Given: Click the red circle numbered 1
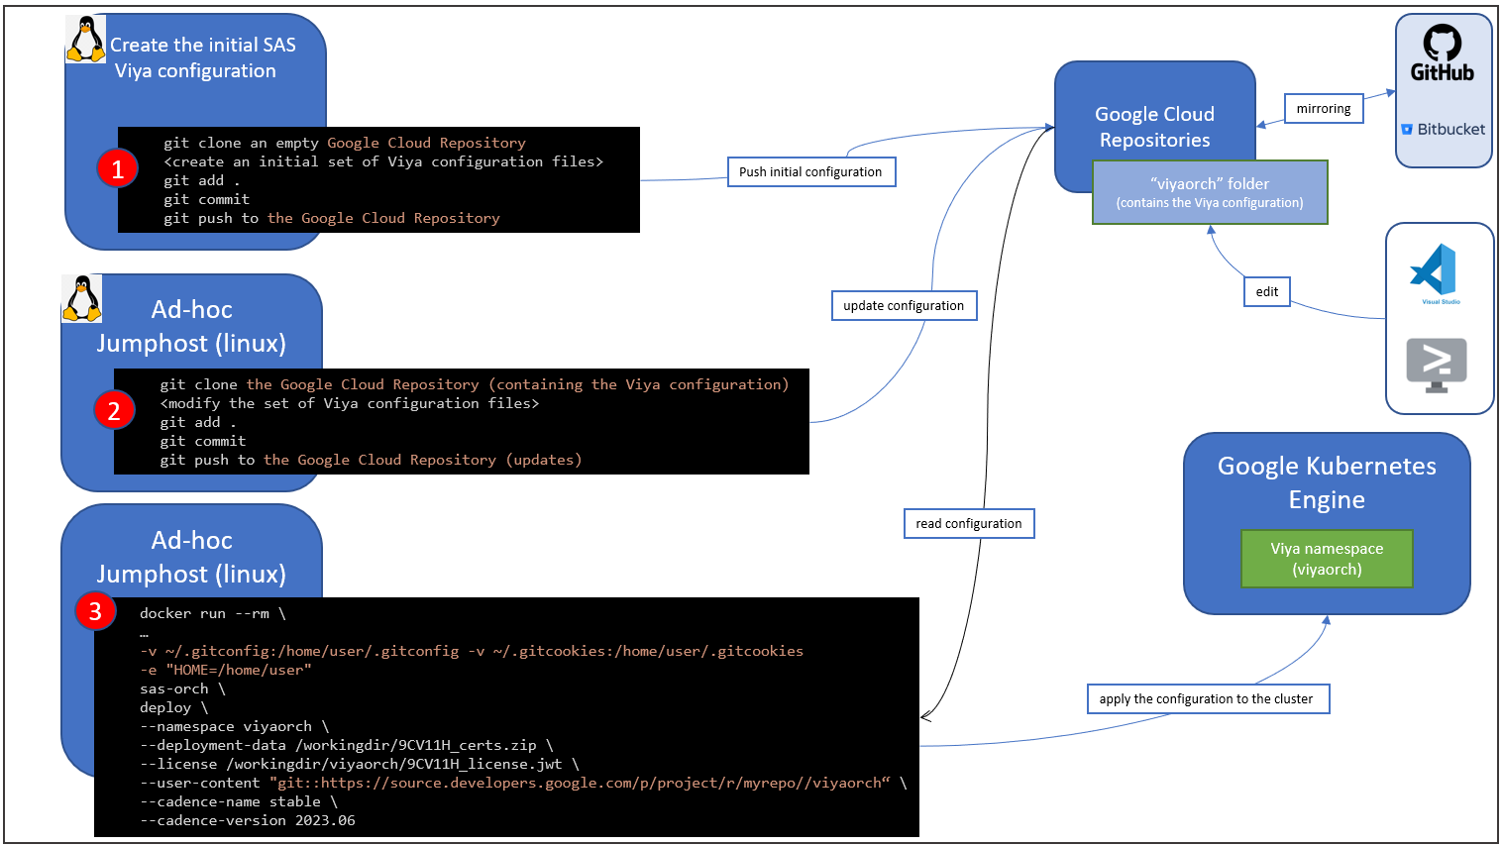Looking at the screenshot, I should [117, 168].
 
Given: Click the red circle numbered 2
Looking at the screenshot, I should [114, 410].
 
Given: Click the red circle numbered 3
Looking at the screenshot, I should [95, 611].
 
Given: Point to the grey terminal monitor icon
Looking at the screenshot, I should [1437, 364].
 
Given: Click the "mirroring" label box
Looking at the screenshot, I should [1324, 109].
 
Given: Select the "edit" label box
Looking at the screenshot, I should [1267, 291].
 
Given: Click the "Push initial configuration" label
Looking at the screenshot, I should [810, 171].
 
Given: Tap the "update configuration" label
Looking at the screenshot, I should [904, 305].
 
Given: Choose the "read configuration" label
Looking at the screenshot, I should [969, 523].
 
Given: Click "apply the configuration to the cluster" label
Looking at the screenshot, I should [1206, 698].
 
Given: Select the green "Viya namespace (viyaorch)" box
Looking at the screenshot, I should [1327, 559].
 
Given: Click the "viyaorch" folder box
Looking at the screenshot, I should [1210, 192].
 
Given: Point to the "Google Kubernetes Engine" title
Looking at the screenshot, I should [1327, 482].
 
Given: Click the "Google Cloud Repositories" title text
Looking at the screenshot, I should [1155, 127].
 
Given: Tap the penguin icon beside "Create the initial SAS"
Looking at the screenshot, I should [85, 41].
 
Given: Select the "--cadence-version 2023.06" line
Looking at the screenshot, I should [248, 820].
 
